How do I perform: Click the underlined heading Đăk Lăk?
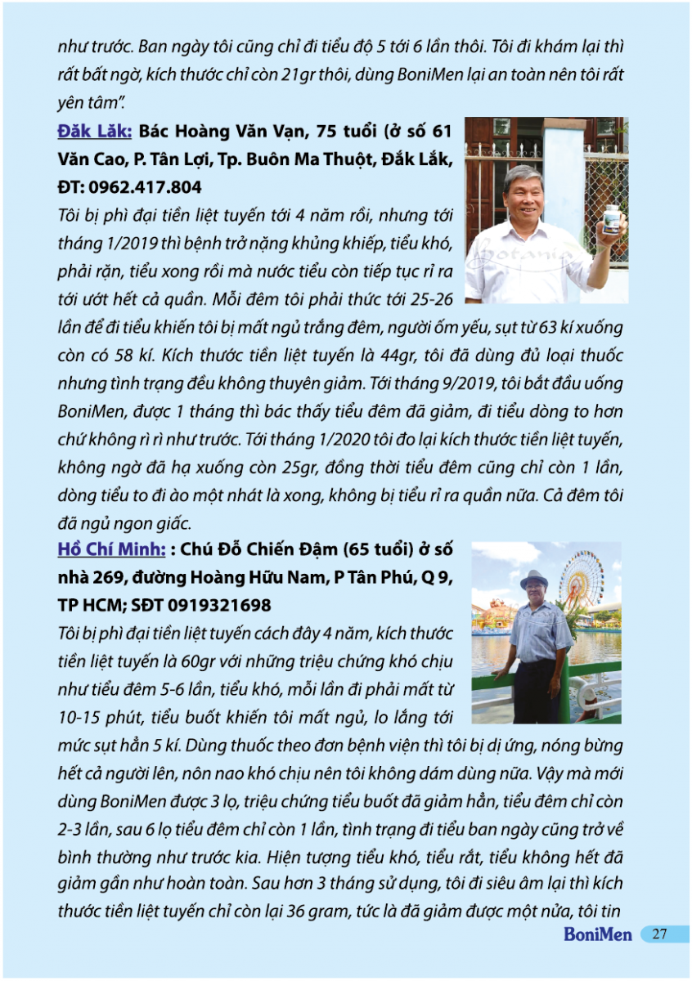point(93,131)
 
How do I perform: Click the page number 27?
point(661,934)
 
